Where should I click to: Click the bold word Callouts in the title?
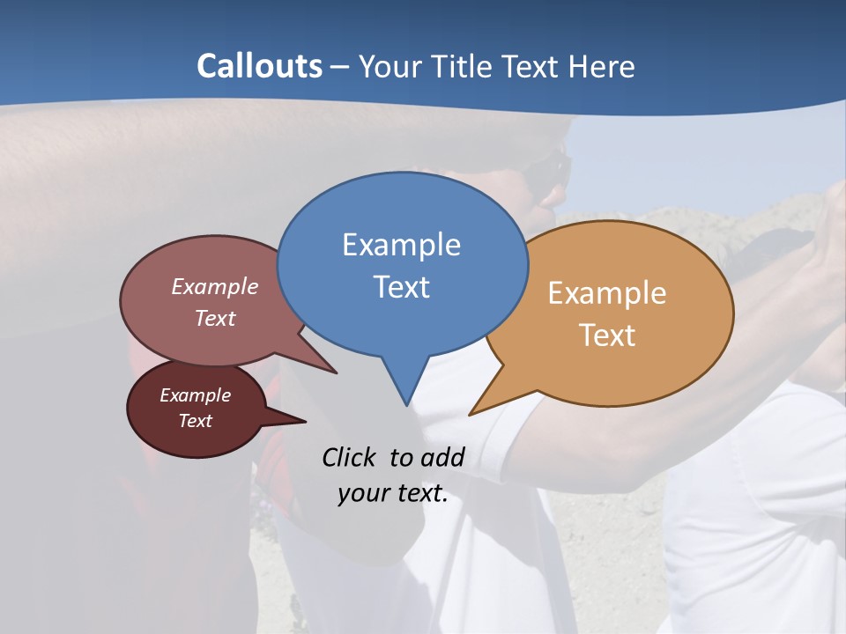pyautogui.click(x=259, y=66)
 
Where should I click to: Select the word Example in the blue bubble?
pyautogui.click(x=401, y=245)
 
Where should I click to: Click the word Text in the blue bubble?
pyautogui.click(x=401, y=287)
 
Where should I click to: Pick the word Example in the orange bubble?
pyautogui.click(x=607, y=293)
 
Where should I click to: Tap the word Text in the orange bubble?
pyautogui.click(x=607, y=335)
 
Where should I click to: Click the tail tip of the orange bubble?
pyautogui.click(x=471, y=414)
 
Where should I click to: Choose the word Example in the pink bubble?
pyautogui.click(x=215, y=286)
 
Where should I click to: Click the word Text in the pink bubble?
pyautogui.click(x=215, y=318)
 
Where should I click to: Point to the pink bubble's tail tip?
pyautogui.click(x=336, y=372)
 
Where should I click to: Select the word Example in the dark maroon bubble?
pyautogui.click(x=195, y=395)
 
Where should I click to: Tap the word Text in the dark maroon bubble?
pyautogui.click(x=195, y=421)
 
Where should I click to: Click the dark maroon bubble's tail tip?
pyautogui.click(x=305, y=422)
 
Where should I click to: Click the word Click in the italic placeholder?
pyautogui.click(x=352, y=457)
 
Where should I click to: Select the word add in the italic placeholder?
pyautogui.click(x=442, y=457)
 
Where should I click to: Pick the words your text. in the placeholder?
pyautogui.click(x=393, y=493)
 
